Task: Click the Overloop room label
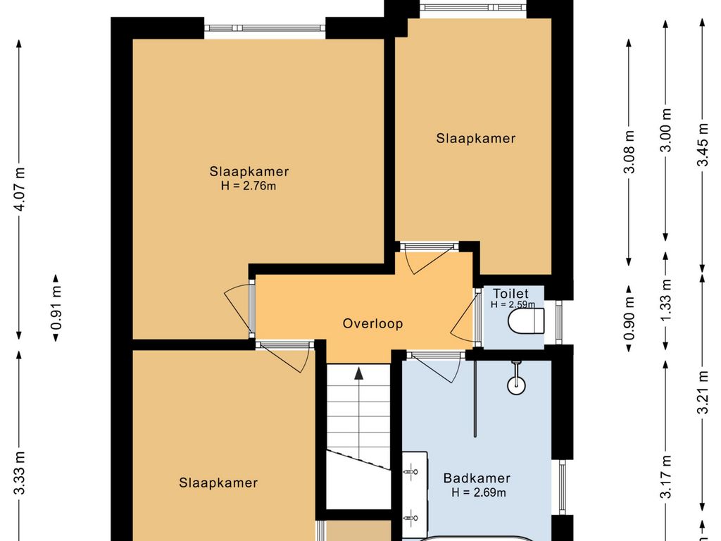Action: point(373,323)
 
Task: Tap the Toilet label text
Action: point(511,294)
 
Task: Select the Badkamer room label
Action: point(477,478)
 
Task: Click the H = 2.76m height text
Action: point(249,186)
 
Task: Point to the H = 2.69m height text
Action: point(479,492)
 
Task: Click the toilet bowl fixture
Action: point(527,321)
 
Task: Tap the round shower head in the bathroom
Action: point(516,385)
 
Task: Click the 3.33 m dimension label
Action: point(20,473)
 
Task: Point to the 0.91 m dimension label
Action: point(56,308)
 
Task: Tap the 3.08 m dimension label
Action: point(629,151)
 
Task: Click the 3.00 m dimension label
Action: point(666,130)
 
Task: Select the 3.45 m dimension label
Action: point(703,144)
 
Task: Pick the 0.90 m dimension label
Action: point(629,318)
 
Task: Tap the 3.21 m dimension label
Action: point(703,392)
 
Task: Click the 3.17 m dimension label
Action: point(666,476)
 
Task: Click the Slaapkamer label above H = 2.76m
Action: point(249,172)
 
